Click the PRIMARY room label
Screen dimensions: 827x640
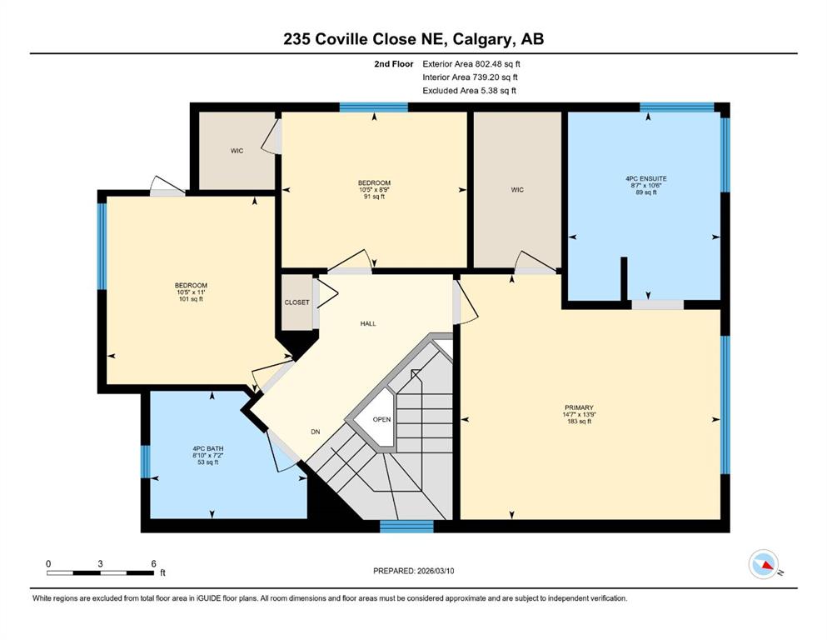(579, 407)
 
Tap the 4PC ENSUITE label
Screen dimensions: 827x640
(646, 179)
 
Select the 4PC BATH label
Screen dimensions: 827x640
(208, 449)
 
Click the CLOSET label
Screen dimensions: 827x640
(297, 302)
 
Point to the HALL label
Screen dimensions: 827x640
(368, 323)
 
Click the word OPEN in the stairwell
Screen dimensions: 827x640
(382, 419)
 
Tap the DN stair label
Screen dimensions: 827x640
(316, 432)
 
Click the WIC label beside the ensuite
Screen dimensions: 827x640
(517, 190)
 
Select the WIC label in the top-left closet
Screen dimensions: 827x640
(237, 151)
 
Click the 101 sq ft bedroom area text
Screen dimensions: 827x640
(191, 299)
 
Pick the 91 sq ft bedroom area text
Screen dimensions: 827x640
(374, 197)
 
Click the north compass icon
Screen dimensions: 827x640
(764, 564)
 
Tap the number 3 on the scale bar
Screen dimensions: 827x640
(100, 563)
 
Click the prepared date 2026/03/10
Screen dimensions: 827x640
(436, 571)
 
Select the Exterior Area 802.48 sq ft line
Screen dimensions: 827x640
(471, 64)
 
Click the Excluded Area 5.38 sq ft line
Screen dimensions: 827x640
(470, 90)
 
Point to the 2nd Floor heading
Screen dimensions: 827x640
(393, 64)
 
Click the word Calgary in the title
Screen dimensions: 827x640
(483, 39)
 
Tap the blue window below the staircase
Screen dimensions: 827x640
(406, 526)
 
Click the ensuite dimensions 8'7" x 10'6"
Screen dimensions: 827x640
(646, 186)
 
